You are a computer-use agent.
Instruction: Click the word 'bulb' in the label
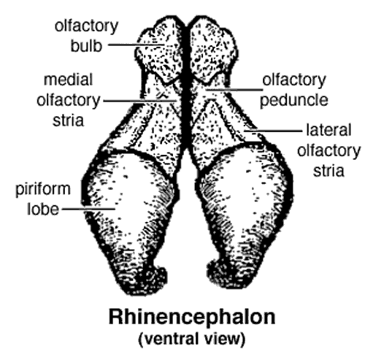(x=86, y=45)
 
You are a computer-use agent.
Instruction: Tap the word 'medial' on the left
(x=68, y=80)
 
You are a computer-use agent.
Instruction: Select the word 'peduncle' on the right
(x=294, y=101)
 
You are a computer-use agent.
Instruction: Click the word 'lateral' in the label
(x=328, y=130)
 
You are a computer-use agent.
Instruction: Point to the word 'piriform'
(x=43, y=189)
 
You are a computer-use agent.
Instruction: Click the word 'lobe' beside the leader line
(x=43, y=209)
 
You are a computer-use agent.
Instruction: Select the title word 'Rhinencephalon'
(x=192, y=317)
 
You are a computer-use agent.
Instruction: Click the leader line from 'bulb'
(x=137, y=45)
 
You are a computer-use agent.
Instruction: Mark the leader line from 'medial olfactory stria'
(x=140, y=101)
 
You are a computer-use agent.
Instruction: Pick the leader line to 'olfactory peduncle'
(x=234, y=90)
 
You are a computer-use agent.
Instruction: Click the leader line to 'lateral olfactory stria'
(x=273, y=131)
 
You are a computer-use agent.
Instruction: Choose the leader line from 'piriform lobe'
(x=88, y=209)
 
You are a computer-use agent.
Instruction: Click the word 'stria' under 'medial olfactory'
(x=69, y=120)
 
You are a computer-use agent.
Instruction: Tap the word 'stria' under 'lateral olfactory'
(x=328, y=170)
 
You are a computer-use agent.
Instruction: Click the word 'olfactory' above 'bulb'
(x=86, y=26)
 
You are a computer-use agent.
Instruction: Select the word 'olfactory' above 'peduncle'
(x=294, y=80)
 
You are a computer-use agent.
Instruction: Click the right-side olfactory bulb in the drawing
(x=212, y=50)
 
